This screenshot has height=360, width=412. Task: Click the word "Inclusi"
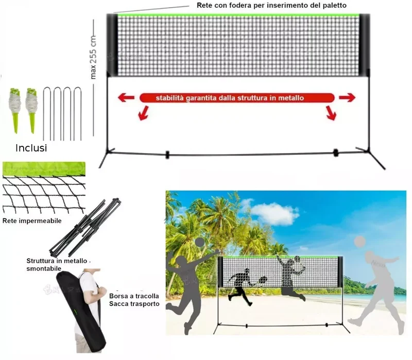tap(31, 148)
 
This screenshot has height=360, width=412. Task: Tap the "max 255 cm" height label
tap(93, 57)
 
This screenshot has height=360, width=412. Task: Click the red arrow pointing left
tap(126, 98)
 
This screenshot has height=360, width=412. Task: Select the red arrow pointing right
tap(347, 98)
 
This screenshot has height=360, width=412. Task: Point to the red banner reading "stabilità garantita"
tap(237, 98)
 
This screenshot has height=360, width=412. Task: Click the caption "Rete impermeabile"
tap(32, 221)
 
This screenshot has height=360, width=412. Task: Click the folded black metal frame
tap(85, 228)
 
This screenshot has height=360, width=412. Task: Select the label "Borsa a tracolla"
tap(134, 296)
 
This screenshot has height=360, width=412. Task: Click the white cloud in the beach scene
tap(273, 213)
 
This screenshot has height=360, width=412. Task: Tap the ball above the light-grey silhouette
tap(359, 242)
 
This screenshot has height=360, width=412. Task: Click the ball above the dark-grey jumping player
tap(200, 243)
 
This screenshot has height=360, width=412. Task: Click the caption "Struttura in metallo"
tap(57, 261)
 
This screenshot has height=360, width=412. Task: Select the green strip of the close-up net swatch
tap(44, 169)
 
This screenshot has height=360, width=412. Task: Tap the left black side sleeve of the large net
tap(112, 45)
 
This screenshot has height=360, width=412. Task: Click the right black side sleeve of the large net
tap(365, 45)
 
